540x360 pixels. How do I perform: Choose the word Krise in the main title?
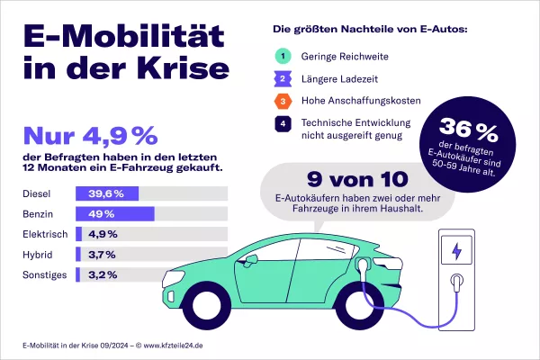(x=175, y=70)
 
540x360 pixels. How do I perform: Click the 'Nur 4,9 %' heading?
(x=89, y=136)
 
